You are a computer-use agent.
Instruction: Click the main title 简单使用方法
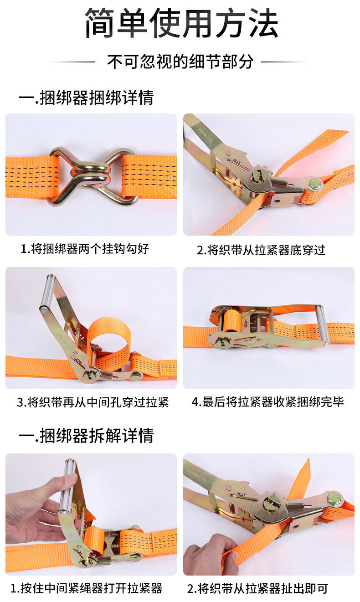(x=182, y=23)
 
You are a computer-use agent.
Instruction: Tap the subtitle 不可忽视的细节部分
(x=180, y=62)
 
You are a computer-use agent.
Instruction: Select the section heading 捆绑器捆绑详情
(x=97, y=97)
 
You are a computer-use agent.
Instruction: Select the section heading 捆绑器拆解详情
(x=97, y=435)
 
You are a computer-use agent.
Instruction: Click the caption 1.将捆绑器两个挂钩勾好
(x=85, y=249)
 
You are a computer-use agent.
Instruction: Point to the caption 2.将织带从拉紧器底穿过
(x=261, y=250)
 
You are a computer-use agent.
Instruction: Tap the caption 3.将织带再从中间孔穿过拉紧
(x=93, y=402)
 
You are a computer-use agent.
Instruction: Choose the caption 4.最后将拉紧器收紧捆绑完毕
(x=268, y=402)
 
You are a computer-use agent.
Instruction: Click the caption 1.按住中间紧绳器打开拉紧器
(x=86, y=588)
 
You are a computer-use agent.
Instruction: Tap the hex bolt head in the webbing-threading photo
(x=315, y=185)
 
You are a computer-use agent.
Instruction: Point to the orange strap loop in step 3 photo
(x=110, y=339)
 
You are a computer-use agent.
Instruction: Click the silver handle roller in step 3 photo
(x=48, y=293)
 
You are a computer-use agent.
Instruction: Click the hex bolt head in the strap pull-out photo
(x=335, y=499)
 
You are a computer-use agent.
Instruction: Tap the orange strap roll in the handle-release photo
(x=93, y=540)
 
